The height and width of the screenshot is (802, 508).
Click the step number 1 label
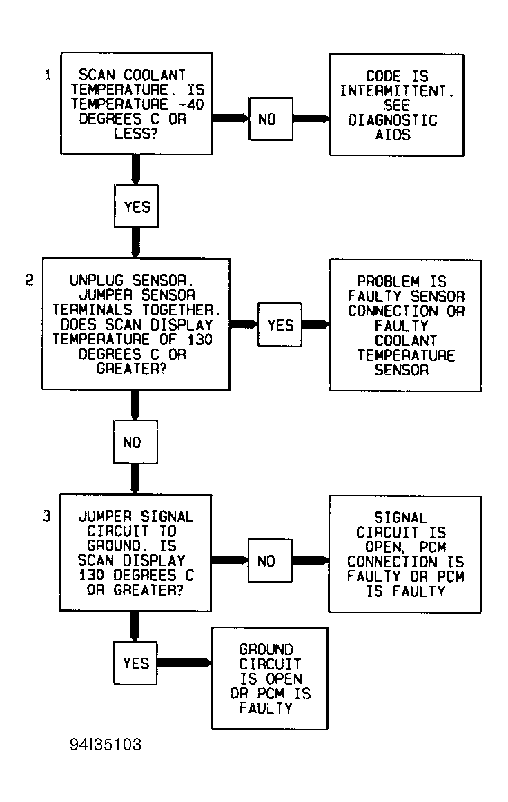pyautogui.click(x=48, y=75)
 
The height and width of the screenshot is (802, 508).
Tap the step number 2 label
pyautogui.click(x=29, y=280)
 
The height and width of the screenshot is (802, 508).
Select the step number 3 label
pyautogui.click(x=46, y=516)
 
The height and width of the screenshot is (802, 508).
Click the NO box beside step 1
pyautogui.click(x=271, y=119)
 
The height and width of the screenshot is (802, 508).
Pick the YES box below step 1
pyautogui.click(x=136, y=206)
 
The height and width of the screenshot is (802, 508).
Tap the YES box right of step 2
pyautogui.click(x=280, y=325)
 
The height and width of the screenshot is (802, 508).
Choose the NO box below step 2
pyautogui.click(x=135, y=442)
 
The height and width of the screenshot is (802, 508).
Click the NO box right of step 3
pyautogui.click(x=270, y=560)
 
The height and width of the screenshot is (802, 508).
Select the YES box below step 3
pyautogui.click(x=135, y=663)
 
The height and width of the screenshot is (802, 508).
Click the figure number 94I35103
pyautogui.click(x=106, y=744)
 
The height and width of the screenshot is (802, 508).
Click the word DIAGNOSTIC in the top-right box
pyautogui.click(x=393, y=120)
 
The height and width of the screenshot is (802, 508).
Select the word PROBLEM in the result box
pyautogui.click(x=389, y=282)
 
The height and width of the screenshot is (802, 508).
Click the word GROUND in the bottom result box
pyautogui.click(x=266, y=649)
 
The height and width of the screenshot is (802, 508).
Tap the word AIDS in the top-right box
pyautogui.click(x=393, y=135)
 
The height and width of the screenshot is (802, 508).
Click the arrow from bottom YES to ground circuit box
pyautogui.click(x=184, y=663)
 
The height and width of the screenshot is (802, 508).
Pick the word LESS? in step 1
pyautogui.click(x=136, y=134)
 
